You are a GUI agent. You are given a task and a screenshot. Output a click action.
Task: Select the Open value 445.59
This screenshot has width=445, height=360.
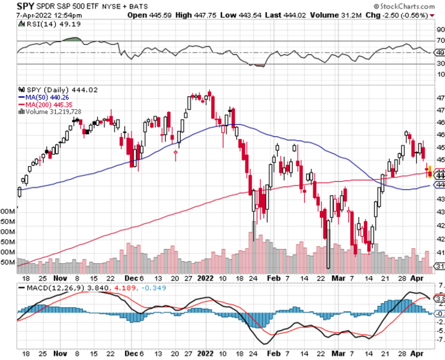tap(163, 15)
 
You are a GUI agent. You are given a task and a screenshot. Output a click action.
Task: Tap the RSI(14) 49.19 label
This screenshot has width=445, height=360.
tap(45, 24)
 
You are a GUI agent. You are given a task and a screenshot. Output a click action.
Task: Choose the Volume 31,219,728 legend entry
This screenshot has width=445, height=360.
tap(53, 112)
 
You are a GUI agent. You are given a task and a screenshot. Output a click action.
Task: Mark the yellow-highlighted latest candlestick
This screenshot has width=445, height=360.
tap(430, 172)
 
